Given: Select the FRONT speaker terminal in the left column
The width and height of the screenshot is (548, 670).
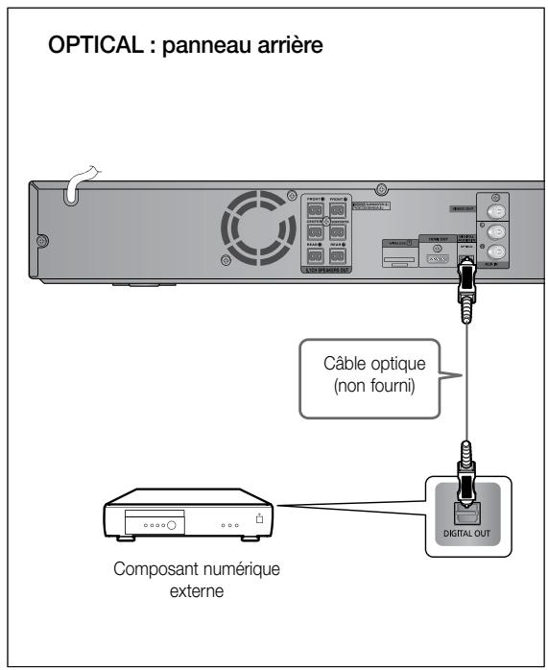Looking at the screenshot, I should [x=313, y=207].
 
